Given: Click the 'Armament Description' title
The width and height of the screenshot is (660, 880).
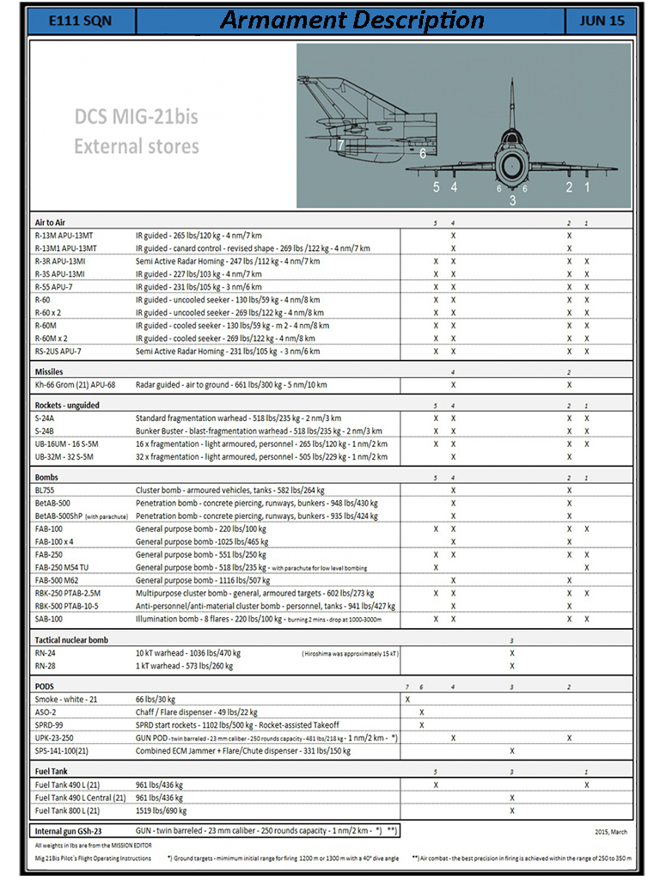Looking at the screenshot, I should point(352,21).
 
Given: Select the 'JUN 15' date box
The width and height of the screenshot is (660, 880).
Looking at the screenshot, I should point(602,21).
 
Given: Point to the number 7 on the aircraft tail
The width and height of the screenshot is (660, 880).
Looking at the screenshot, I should point(341,145).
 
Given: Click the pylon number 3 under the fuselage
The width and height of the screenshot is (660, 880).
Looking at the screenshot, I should point(513,200).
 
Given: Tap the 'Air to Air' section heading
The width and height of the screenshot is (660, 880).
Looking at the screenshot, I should point(54,223).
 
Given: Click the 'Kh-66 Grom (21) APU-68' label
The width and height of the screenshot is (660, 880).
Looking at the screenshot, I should point(74,385).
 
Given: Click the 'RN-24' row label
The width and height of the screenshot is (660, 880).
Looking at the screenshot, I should point(46,653).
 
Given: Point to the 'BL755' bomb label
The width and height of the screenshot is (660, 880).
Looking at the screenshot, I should point(47,490).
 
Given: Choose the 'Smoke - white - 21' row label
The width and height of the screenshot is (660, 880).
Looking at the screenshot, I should point(66,700).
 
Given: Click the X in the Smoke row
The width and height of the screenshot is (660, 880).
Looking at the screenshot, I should point(407,700).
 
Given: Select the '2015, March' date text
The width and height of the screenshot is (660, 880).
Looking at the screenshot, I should point(612,832).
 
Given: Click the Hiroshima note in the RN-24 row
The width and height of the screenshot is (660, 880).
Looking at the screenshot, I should point(350,654).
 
